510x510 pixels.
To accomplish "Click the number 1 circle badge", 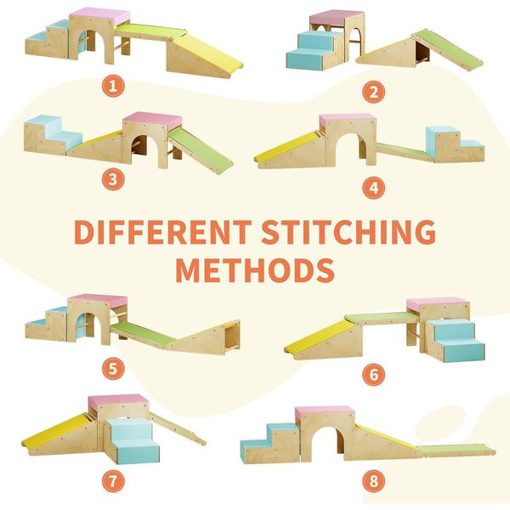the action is [113, 86].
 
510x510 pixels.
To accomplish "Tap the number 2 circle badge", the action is [374, 93].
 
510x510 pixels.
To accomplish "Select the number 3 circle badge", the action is [113, 179].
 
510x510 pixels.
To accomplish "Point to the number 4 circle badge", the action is [374, 188].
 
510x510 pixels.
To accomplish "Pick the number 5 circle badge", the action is [113, 369].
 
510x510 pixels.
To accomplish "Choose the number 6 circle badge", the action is [374, 375].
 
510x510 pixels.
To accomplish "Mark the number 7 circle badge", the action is [113, 481].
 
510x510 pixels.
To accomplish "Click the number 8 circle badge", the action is [374, 481].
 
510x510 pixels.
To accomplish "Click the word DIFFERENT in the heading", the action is [162, 232].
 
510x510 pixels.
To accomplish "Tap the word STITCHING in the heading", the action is [348, 232].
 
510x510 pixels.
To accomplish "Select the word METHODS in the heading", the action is [255, 270].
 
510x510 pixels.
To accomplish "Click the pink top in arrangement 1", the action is [100, 15].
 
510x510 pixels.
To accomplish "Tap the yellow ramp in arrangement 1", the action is [208, 51].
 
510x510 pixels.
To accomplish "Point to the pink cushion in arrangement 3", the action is [153, 120].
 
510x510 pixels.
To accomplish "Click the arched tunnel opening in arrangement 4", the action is [348, 147].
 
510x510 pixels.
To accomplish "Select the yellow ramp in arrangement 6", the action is [320, 337].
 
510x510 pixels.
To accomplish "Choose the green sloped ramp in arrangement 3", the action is [201, 150].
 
